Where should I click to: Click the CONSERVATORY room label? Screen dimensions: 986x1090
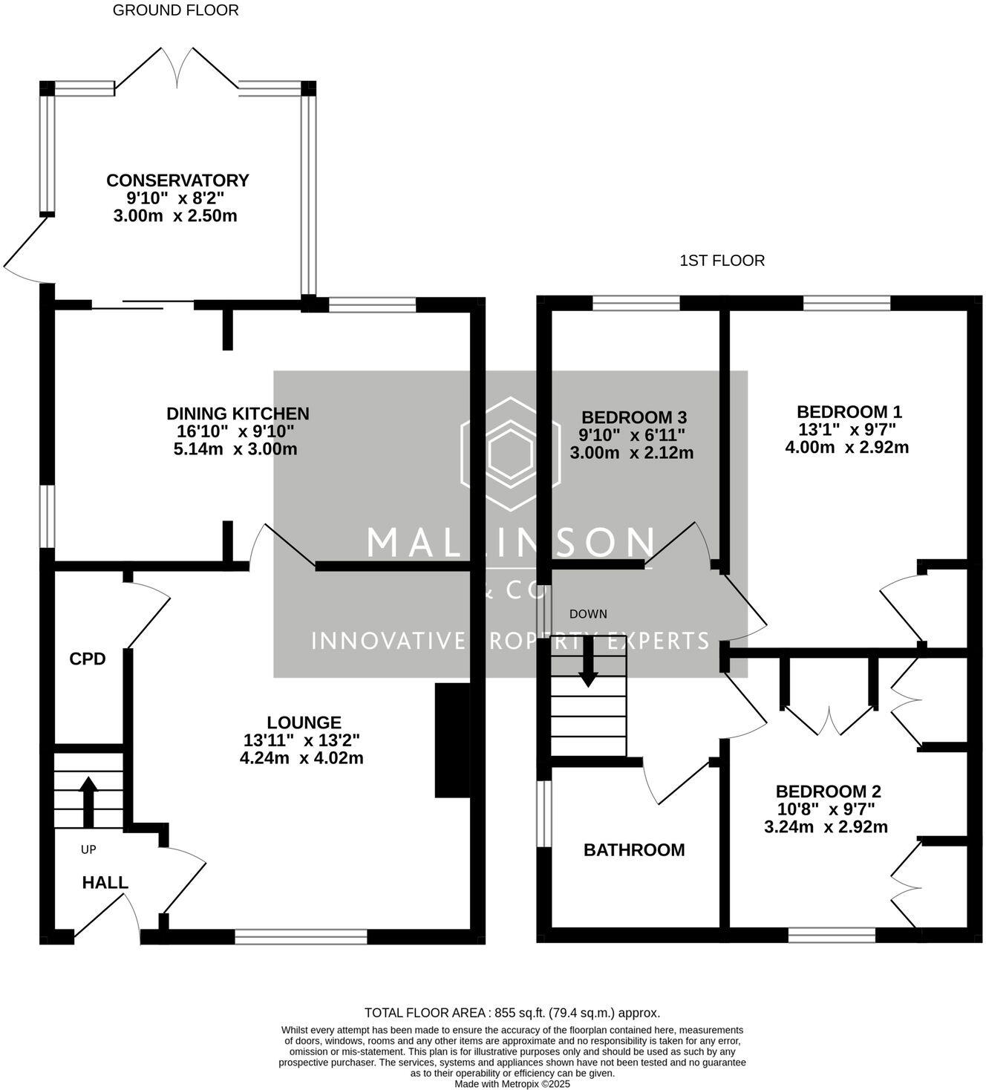point(177,180)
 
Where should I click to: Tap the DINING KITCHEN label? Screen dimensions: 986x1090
point(238,414)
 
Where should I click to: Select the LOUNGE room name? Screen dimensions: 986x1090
point(304,722)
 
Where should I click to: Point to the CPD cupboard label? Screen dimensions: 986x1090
point(88,659)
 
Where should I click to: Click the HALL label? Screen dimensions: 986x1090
point(105,882)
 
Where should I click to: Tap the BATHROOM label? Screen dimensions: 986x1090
point(634,850)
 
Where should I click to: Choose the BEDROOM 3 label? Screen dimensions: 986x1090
point(634,417)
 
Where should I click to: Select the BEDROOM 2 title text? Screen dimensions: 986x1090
point(829,792)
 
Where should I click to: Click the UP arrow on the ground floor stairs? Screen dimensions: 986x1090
point(88,801)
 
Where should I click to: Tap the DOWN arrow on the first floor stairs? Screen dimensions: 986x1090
point(588,662)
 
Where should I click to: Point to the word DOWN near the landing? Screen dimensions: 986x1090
point(588,614)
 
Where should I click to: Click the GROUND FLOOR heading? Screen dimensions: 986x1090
point(175,10)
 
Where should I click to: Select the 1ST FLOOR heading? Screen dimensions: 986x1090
point(722,261)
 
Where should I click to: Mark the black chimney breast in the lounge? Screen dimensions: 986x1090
point(452,740)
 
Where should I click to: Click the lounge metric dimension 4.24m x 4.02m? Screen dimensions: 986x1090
point(301,758)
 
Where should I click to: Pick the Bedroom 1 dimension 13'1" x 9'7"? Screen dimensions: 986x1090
point(847,429)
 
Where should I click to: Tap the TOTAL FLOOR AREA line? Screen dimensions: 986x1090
point(512,1013)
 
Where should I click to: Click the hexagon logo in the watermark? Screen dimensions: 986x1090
point(510,454)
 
